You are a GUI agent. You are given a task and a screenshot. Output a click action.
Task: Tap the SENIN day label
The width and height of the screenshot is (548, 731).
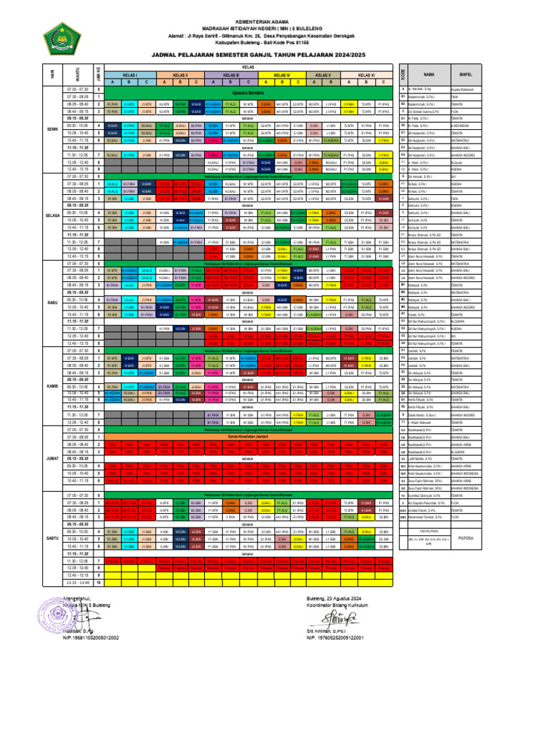coord(52,129)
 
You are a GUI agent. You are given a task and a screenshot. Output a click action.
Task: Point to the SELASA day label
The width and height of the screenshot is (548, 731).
coord(52,214)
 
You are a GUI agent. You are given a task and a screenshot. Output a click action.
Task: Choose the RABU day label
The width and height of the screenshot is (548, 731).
coord(52,302)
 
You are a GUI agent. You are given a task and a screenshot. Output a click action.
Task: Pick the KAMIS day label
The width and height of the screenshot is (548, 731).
coord(52,385)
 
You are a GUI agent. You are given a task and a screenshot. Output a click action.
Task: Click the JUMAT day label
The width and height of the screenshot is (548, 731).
coord(52,458)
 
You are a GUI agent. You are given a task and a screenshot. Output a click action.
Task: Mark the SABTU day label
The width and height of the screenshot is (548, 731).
coord(52,537)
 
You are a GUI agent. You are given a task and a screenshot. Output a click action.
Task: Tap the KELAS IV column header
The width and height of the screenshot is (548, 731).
coord(282,74)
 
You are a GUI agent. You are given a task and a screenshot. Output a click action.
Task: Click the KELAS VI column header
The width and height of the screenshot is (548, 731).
coord(366,74)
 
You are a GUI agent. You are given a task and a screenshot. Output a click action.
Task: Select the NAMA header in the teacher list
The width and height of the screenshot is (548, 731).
coord(429,74)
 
